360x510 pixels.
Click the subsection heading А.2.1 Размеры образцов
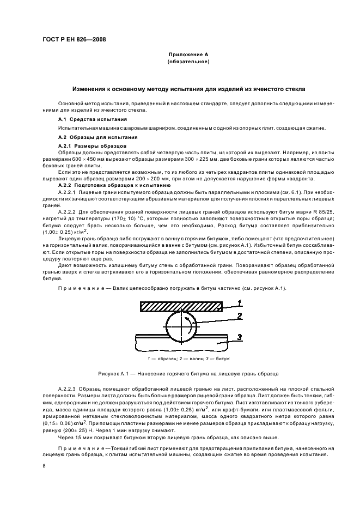tap(92, 147)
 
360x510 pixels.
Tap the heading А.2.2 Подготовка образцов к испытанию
tap(114, 186)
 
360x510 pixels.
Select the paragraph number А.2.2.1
tap(68, 193)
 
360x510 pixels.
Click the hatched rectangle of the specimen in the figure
tap(180, 307)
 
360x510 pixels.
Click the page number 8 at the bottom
tap(44, 466)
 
